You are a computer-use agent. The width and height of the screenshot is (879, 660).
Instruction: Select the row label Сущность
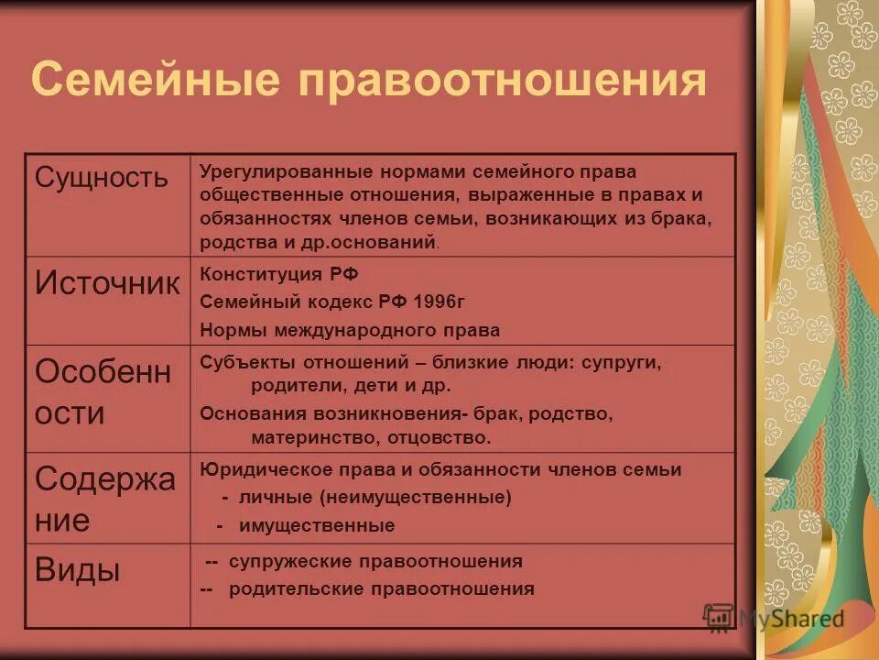(102, 177)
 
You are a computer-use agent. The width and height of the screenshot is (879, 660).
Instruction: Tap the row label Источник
(107, 282)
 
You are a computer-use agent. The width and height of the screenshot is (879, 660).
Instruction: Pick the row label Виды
(78, 570)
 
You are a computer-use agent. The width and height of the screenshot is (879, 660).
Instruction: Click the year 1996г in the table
(445, 302)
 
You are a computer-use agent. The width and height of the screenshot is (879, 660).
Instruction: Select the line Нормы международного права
(351, 329)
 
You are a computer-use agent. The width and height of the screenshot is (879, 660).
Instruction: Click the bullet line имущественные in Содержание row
(317, 525)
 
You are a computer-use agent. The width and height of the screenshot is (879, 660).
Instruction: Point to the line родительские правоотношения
(381, 588)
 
